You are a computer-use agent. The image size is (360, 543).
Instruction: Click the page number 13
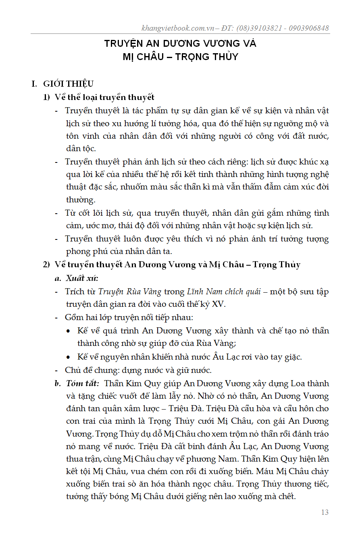(x=325, y=512)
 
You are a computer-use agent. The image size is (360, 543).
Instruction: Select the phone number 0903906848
(x=306, y=28)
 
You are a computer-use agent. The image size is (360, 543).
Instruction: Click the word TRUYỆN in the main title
(x=124, y=44)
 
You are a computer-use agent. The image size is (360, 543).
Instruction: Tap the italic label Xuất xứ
(x=82, y=278)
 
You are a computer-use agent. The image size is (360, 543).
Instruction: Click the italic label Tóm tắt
(x=82, y=383)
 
